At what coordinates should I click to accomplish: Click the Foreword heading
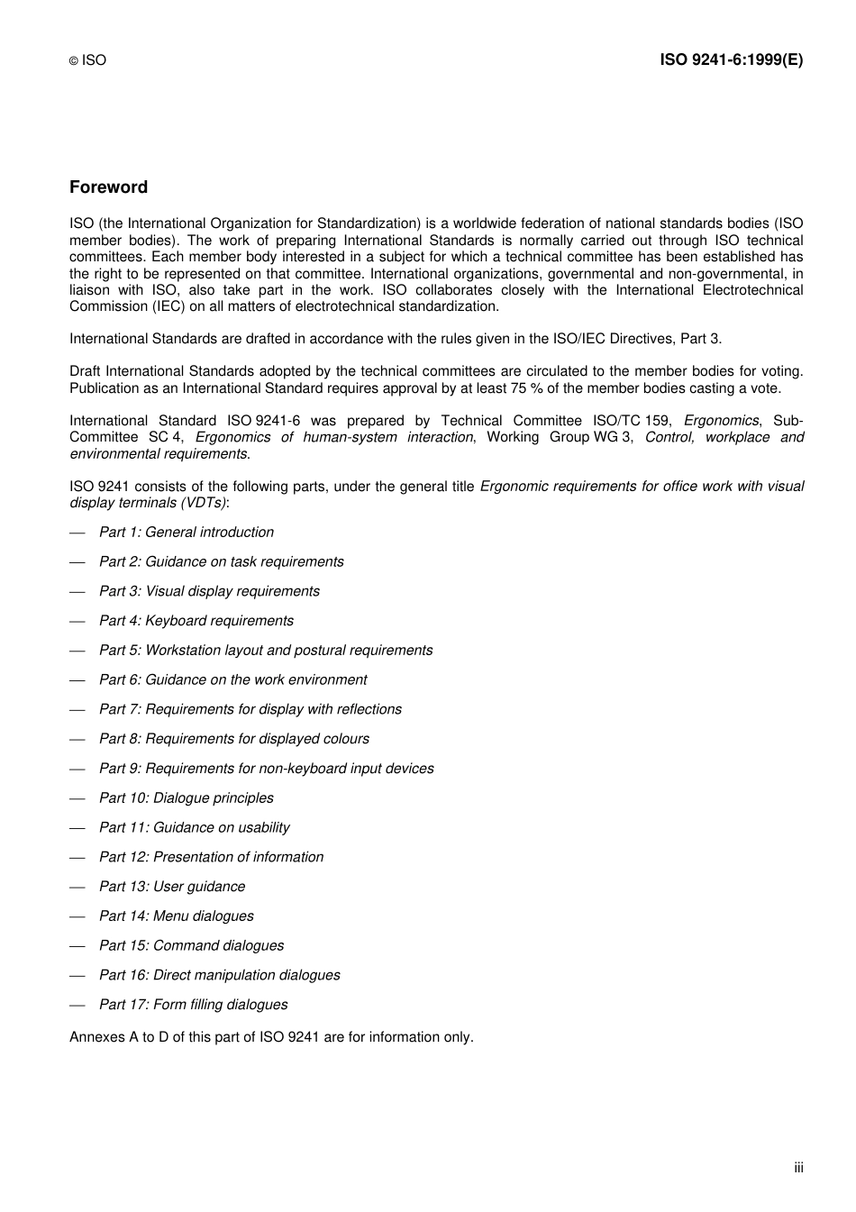pos(108,187)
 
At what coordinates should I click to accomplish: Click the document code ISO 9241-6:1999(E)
pos(731,60)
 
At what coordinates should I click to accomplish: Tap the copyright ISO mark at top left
pos(87,60)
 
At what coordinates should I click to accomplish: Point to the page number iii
pos(798,1168)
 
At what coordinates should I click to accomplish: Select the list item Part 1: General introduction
pos(186,533)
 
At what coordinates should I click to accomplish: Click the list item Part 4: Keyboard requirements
pos(196,621)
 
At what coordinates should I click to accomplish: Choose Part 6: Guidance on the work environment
pos(232,679)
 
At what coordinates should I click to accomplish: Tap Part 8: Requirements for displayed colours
pos(233,739)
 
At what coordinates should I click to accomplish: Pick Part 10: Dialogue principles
pos(186,798)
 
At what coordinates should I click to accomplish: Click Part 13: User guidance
pos(171,887)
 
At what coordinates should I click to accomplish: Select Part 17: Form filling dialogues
pos(193,1005)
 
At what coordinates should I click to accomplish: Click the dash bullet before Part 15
pos(77,946)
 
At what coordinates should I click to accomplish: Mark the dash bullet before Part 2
pos(77,562)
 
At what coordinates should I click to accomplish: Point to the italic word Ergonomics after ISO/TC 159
pos(721,421)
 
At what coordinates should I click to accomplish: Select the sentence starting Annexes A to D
pos(271,1037)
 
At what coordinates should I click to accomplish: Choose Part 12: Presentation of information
pos(211,857)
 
